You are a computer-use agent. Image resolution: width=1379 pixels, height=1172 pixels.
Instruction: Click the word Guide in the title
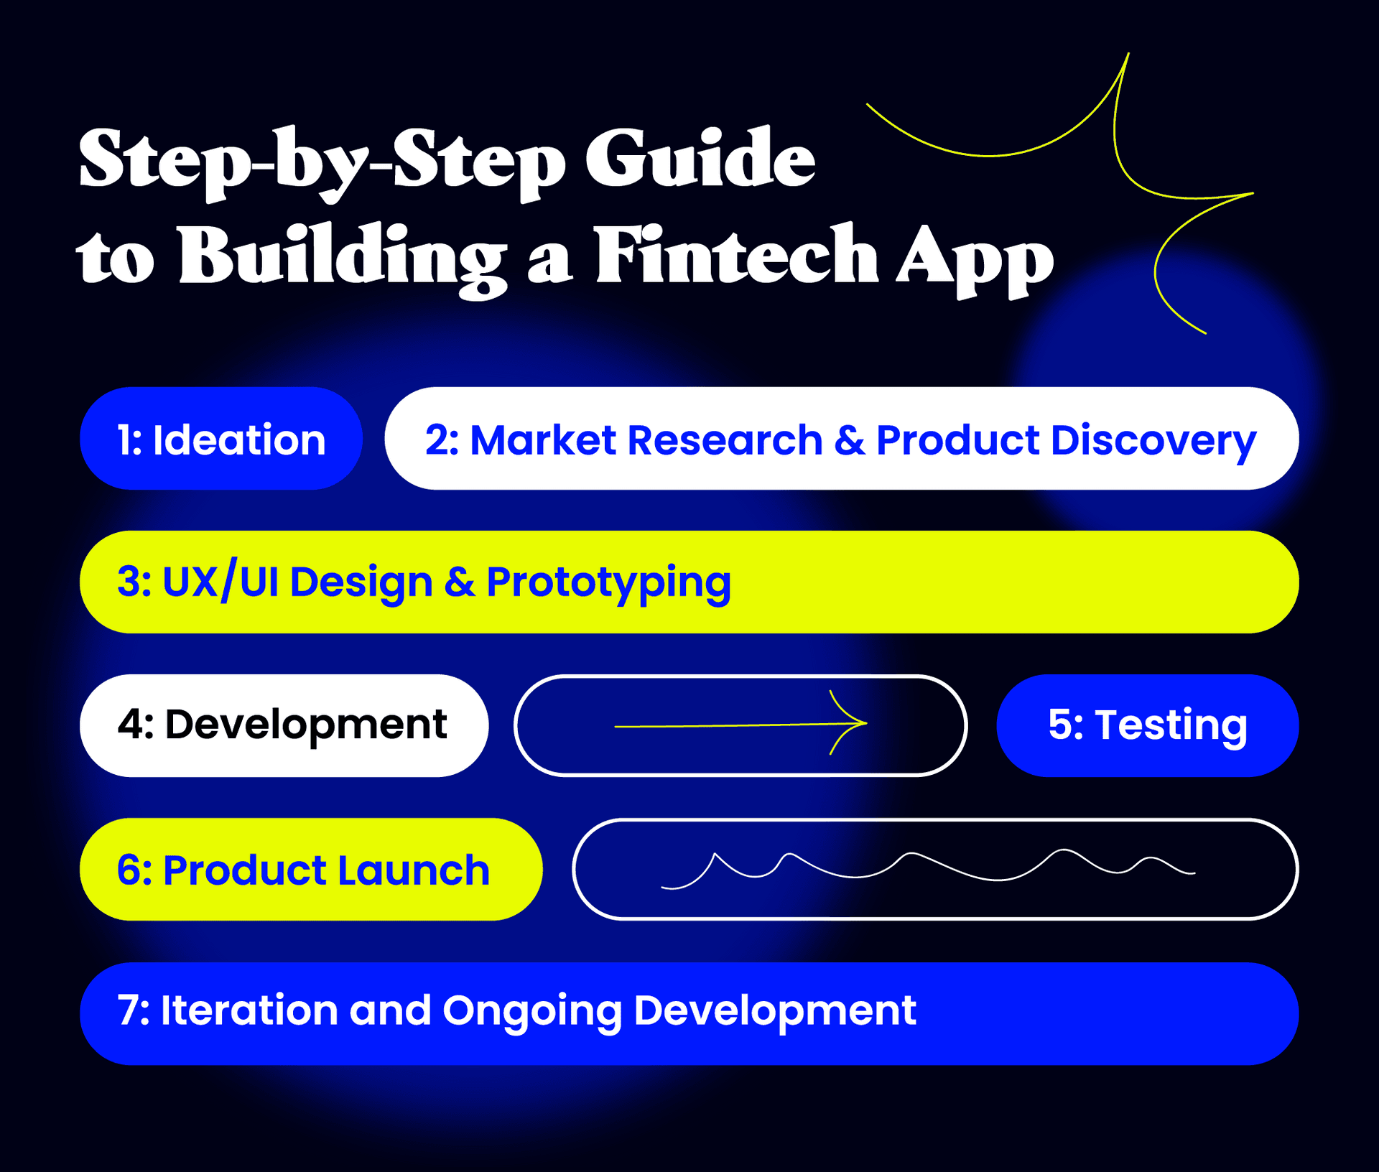tap(700, 159)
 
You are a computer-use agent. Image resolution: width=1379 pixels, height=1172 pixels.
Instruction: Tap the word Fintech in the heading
tap(736, 257)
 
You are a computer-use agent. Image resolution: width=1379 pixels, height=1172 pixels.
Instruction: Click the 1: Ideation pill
tap(221, 439)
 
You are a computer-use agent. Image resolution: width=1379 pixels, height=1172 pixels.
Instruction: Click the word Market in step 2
tap(543, 439)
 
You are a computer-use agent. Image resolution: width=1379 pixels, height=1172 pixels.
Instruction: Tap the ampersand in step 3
tap(460, 582)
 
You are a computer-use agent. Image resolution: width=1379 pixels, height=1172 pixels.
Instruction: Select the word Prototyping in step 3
tap(608, 583)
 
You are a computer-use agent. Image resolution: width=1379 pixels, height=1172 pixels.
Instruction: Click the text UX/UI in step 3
tap(220, 582)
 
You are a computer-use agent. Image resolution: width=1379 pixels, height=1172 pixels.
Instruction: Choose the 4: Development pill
tap(284, 725)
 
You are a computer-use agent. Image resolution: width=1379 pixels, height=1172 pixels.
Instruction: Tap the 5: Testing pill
tap(1147, 725)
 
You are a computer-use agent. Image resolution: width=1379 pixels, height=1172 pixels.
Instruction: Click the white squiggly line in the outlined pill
tap(927, 866)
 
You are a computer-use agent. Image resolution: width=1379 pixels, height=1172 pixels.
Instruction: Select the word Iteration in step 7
tap(249, 1010)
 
